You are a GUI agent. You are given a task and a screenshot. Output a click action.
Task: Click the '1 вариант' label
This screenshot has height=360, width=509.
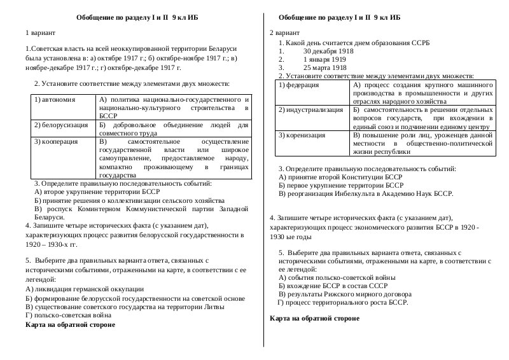point(40,31)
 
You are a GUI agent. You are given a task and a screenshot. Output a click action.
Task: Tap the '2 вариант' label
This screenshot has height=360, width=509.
point(284,31)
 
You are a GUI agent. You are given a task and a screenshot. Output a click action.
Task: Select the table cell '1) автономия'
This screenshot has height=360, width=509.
point(55,100)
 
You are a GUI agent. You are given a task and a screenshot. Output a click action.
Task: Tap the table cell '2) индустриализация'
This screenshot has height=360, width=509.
point(310,110)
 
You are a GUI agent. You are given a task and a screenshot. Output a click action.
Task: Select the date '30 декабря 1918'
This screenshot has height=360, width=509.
point(328,50)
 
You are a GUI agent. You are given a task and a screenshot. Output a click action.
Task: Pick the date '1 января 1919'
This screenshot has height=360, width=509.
point(324,59)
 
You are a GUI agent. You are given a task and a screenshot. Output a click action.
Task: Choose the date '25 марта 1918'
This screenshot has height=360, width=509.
point(324,67)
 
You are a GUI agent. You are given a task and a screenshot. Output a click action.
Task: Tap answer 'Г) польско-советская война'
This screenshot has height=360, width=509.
point(64,315)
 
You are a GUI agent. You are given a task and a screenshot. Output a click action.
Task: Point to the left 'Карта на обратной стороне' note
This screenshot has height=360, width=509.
point(70,324)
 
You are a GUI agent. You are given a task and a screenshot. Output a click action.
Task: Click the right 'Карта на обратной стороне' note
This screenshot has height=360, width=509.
point(314,318)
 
